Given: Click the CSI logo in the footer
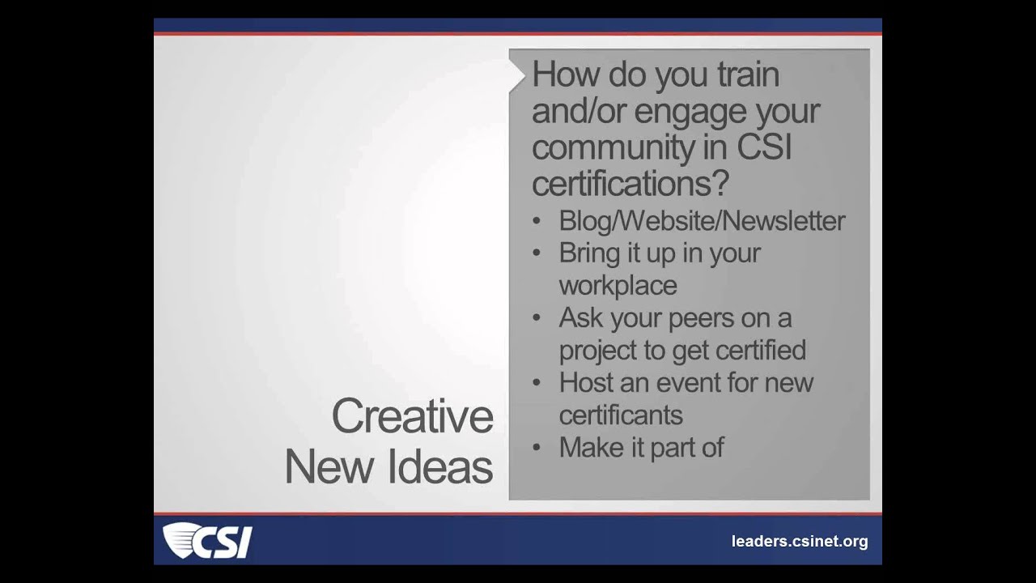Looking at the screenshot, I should pos(208,541).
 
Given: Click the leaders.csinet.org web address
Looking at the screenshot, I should pos(799,542).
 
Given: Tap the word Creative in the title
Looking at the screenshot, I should pos(412,416).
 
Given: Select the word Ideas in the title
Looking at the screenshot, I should pos(450,467).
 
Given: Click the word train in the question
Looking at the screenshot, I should pos(748,74).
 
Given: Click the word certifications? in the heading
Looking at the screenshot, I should pos(631,183).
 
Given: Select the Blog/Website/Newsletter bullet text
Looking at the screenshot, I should pos(702,221).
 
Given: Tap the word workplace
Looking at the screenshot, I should pos(618,285).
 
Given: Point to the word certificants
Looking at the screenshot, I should pos(621,415).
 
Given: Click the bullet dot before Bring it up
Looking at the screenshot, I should pos(537,253).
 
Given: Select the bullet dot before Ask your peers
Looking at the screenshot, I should pos(537,317).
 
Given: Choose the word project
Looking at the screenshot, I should pos(596,351).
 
